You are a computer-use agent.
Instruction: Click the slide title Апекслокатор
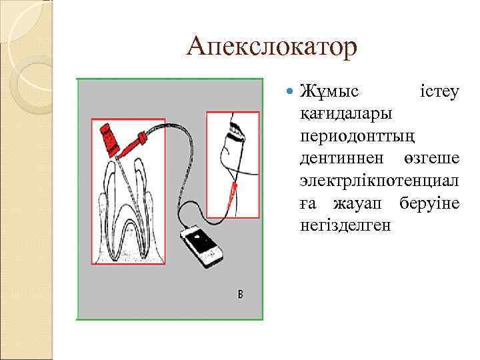pyautogui.click(x=272, y=47)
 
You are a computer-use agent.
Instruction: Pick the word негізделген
pyautogui.click(x=346, y=225)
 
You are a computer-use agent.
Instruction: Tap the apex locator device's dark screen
pyautogui.click(x=198, y=238)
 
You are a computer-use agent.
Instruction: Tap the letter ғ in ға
pyautogui.click(x=305, y=203)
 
